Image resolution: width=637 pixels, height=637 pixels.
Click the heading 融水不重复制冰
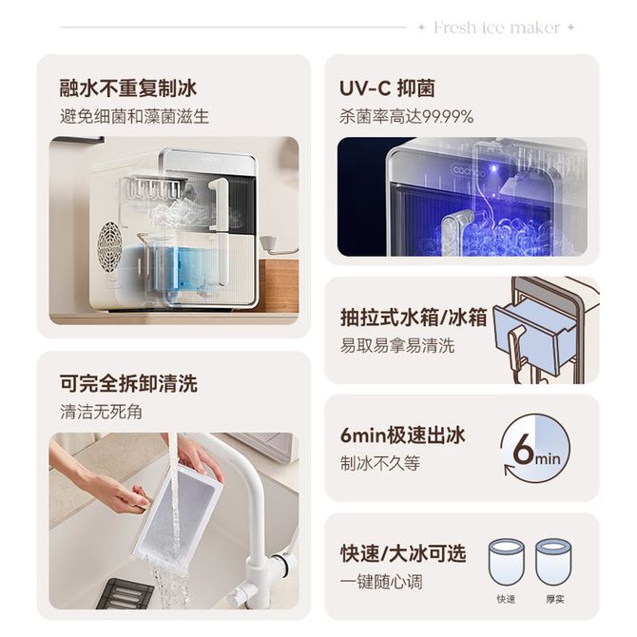(128, 88)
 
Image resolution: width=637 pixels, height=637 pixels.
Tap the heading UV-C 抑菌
(387, 88)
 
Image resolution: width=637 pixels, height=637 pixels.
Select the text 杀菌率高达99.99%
(407, 117)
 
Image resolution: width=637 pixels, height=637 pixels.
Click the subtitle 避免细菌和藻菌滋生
(134, 117)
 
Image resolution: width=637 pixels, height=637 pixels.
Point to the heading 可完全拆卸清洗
(128, 383)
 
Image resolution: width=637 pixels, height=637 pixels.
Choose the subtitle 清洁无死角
(101, 412)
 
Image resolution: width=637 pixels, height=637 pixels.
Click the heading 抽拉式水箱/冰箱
(414, 318)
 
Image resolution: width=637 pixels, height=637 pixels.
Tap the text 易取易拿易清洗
(397, 346)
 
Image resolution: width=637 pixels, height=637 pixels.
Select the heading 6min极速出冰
(402, 435)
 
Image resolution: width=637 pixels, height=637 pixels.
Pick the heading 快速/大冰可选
(403, 553)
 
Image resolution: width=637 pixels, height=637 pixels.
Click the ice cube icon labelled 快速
(506, 562)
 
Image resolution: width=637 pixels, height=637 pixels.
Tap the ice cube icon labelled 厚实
(554, 562)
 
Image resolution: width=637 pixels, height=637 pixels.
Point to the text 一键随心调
(381, 582)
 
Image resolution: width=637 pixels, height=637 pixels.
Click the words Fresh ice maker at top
(497, 28)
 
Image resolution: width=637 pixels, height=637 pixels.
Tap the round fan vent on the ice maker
(109, 247)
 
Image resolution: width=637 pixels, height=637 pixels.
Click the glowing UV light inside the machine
(493, 167)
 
